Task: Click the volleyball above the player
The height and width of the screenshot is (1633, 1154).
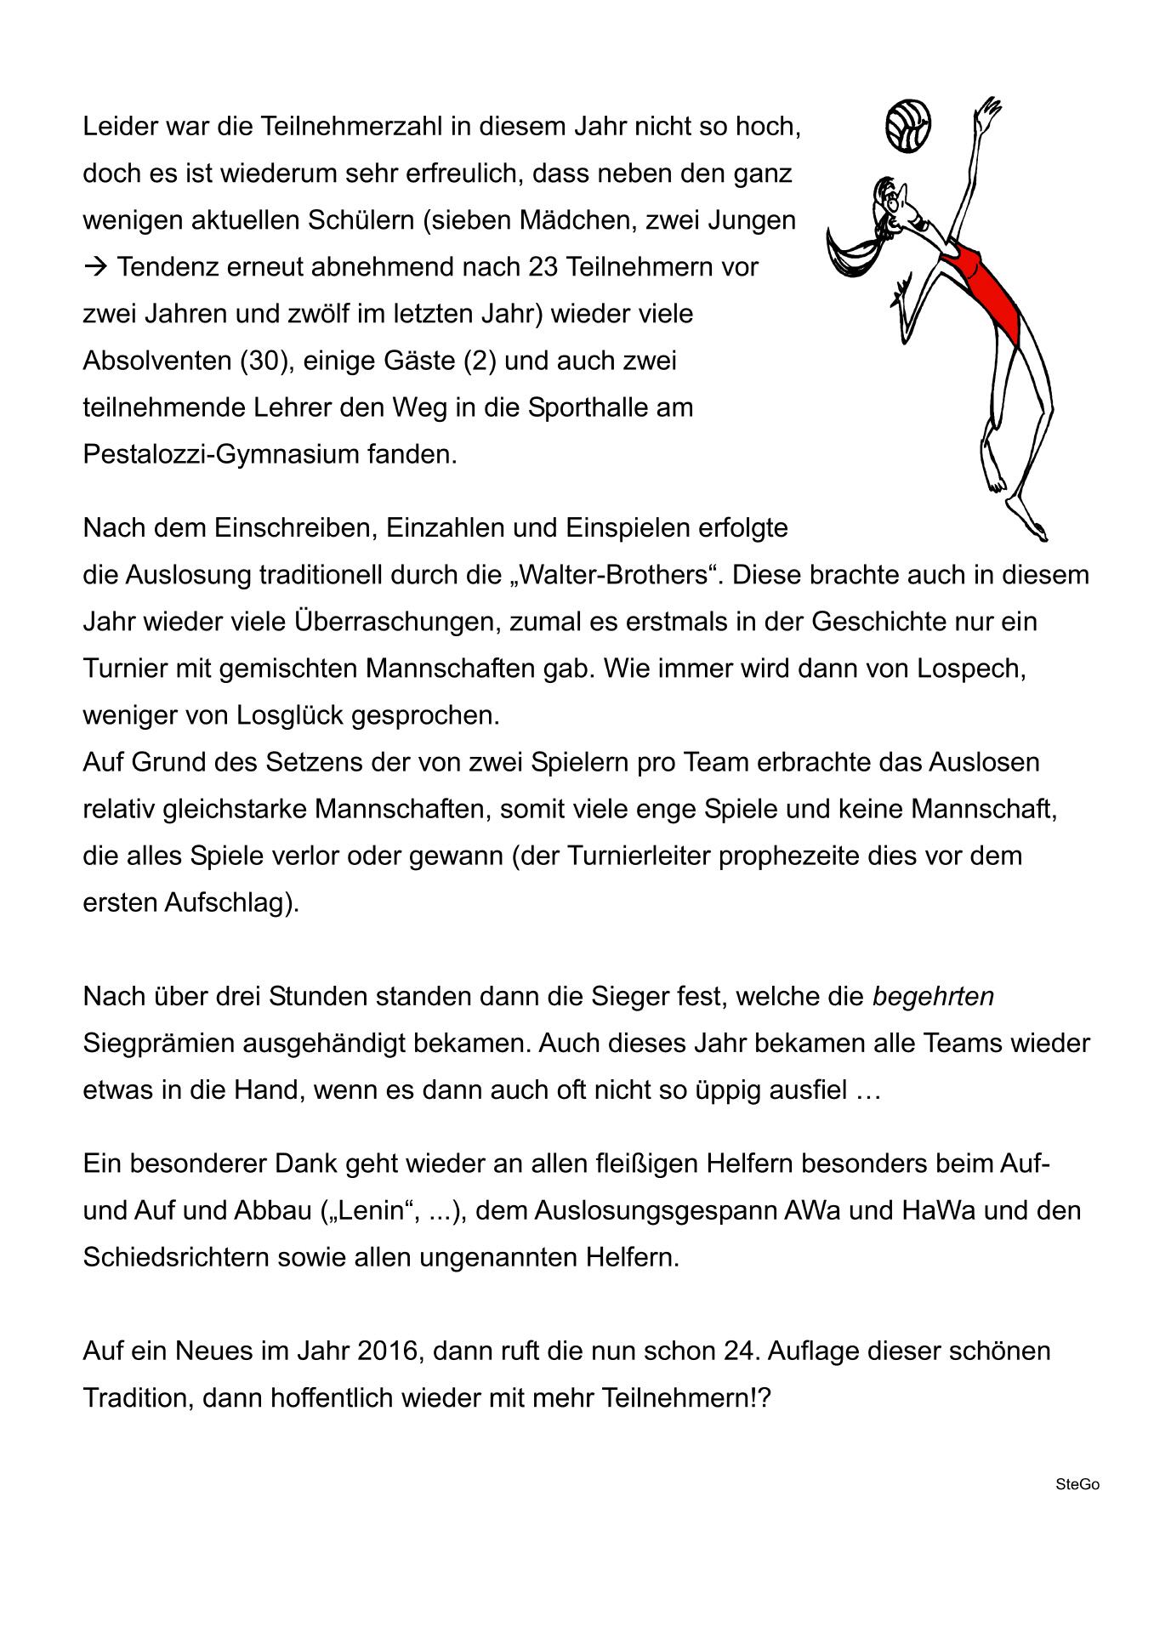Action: point(907,126)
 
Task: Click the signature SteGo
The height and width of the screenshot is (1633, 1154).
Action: point(1077,1484)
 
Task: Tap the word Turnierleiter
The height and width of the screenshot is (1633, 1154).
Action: point(630,855)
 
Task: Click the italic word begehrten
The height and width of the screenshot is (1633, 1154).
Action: point(933,996)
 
